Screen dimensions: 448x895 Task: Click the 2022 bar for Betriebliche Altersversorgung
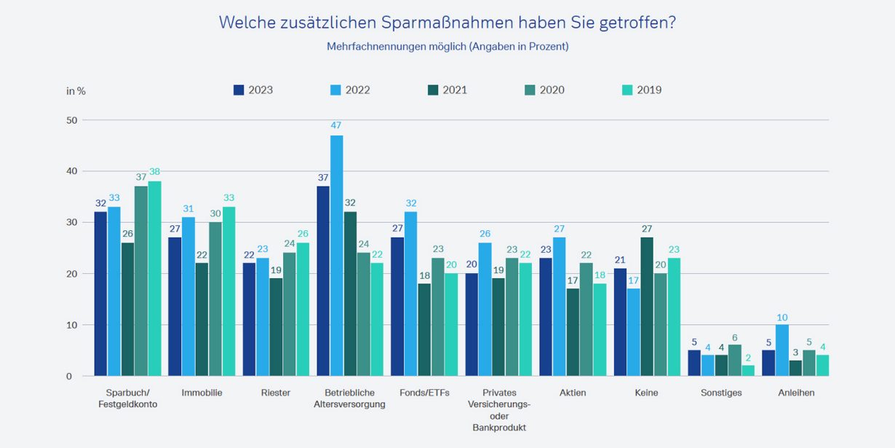(x=336, y=256)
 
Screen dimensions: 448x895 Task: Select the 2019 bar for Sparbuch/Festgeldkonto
(x=154, y=278)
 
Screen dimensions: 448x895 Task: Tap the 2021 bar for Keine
(x=647, y=307)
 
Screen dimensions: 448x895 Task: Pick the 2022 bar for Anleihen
(x=782, y=350)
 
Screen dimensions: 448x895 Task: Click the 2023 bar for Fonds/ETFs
(x=397, y=307)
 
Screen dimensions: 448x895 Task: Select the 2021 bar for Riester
(x=276, y=327)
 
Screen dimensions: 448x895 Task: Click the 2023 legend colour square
(x=239, y=90)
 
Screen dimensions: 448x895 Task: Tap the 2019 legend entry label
(x=649, y=90)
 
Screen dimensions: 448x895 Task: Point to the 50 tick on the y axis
(x=71, y=119)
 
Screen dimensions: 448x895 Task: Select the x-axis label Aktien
(x=572, y=393)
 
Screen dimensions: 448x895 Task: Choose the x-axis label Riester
(x=275, y=393)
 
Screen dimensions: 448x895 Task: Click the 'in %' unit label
(x=76, y=91)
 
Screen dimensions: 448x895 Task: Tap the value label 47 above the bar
(x=336, y=125)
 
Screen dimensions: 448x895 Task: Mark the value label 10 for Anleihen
(x=782, y=318)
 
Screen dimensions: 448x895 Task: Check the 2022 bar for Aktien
(x=559, y=307)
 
